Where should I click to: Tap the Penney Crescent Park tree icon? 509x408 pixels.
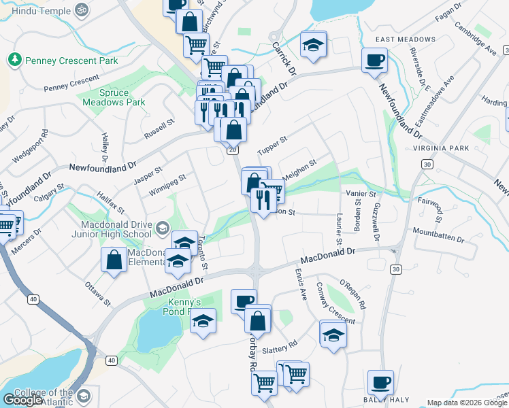[x=14, y=61]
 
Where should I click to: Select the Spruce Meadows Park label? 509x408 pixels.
[x=114, y=97]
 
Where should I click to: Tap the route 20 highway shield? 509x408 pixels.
[x=233, y=150]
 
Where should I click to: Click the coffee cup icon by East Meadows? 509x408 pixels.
[x=374, y=61]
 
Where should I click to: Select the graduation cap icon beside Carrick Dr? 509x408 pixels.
[x=312, y=45]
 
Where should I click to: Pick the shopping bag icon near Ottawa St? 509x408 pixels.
[x=114, y=259]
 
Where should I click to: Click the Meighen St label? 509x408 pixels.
[x=299, y=170]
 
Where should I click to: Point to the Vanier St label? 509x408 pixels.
[x=361, y=194]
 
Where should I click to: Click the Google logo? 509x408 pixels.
[x=23, y=400]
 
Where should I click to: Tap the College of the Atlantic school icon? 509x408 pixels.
[x=84, y=396]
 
